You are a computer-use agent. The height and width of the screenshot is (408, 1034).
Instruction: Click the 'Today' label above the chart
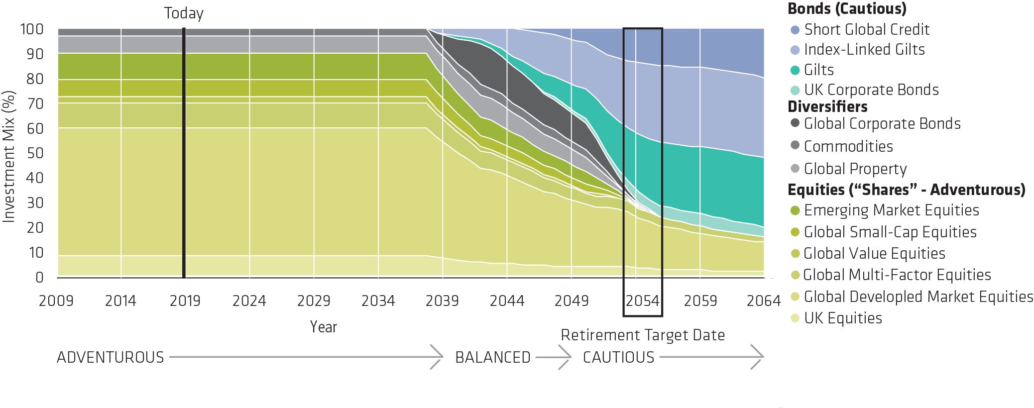pyautogui.click(x=183, y=13)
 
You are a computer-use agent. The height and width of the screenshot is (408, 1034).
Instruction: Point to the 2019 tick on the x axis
pyautogui.click(x=185, y=301)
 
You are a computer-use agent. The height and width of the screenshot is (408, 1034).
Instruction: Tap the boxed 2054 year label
pyautogui.click(x=642, y=301)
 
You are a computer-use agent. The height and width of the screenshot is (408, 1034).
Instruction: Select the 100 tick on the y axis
pyautogui.click(x=32, y=29)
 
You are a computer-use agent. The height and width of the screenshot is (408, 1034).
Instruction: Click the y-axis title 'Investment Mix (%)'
pyautogui.click(x=8, y=156)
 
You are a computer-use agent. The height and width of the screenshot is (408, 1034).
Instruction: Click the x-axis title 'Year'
pyautogui.click(x=323, y=327)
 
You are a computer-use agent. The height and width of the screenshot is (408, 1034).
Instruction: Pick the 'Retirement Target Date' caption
pyautogui.click(x=642, y=335)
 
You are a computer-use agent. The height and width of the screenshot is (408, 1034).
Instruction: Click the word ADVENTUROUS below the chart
pyautogui.click(x=110, y=357)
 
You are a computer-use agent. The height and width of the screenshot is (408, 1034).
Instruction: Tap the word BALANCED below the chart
pyautogui.click(x=492, y=357)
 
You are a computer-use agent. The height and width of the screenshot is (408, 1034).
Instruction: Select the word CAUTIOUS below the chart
pyautogui.click(x=618, y=357)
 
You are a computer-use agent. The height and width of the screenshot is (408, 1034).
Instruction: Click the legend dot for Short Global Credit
pyautogui.click(x=795, y=30)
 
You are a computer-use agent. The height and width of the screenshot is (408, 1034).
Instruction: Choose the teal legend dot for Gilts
pyautogui.click(x=795, y=70)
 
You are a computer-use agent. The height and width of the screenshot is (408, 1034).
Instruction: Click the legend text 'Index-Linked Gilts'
pyautogui.click(x=864, y=50)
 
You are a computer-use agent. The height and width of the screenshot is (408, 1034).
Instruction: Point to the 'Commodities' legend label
pyautogui.click(x=848, y=146)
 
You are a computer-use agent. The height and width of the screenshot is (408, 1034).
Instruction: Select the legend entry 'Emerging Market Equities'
pyautogui.click(x=891, y=210)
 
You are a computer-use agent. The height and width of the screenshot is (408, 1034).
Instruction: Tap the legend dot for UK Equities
pyautogui.click(x=795, y=318)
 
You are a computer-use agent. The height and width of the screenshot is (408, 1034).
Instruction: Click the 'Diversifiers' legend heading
pyautogui.click(x=827, y=106)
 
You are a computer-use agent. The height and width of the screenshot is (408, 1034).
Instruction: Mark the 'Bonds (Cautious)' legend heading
pyautogui.click(x=847, y=9)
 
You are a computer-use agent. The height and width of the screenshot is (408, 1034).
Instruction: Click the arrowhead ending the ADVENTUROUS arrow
pyautogui.click(x=438, y=357)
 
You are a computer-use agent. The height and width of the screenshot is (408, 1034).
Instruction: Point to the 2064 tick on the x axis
pyautogui.click(x=763, y=301)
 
